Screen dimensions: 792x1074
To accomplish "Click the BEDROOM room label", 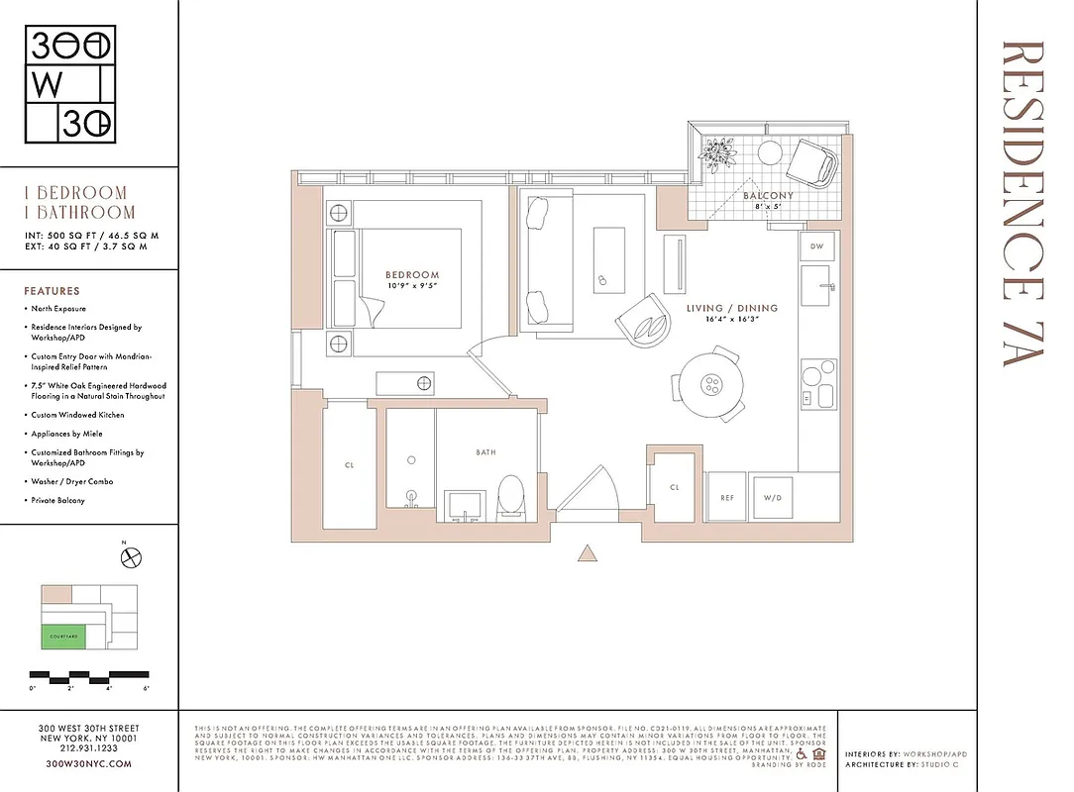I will pyautogui.click(x=412, y=274).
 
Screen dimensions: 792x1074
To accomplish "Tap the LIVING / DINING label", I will pyautogui.click(x=732, y=308).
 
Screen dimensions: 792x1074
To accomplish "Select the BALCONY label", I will pyautogui.click(x=768, y=196).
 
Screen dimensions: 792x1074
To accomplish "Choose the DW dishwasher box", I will pyautogui.click(x=816, y=246).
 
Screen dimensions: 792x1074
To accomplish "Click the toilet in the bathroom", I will pyautogui.click(x=511, y=496).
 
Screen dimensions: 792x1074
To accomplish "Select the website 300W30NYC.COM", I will pyautogui.click(x=88, y=764).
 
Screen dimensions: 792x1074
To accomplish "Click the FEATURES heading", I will pyautogui.click(x=52, y=292).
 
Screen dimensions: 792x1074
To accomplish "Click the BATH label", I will pyautogui.click(x=485, y=452).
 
